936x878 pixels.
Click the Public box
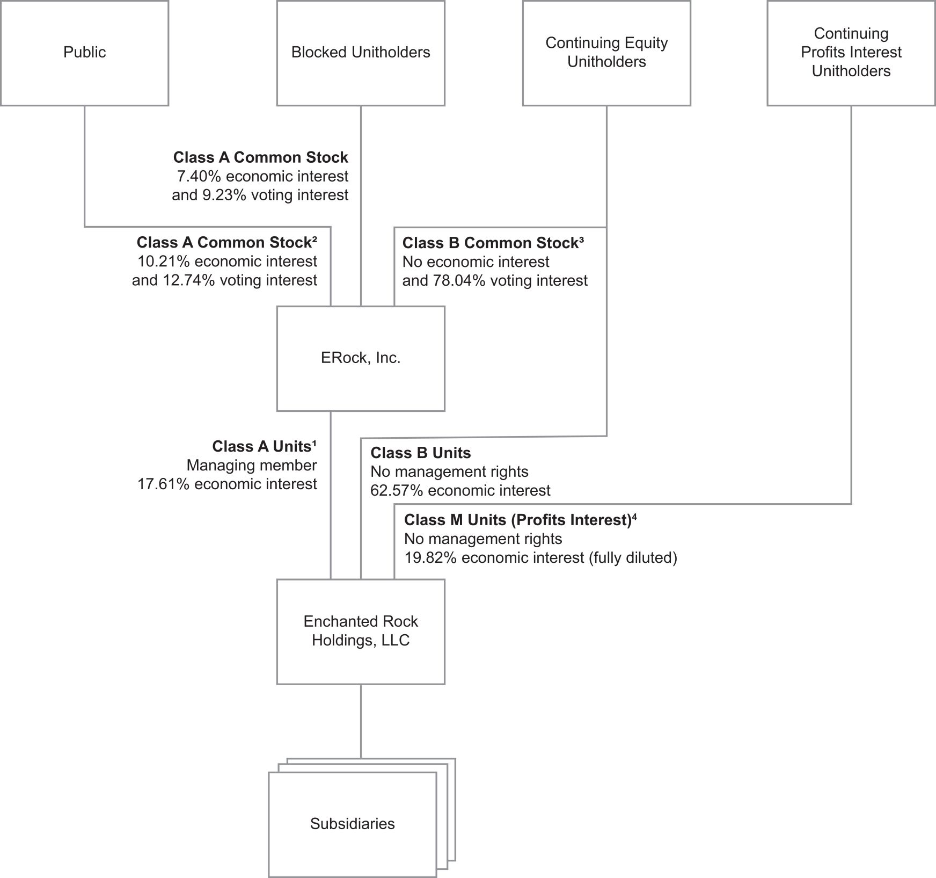pos(84,53)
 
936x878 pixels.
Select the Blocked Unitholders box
pos(361,53)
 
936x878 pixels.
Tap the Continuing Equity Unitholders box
pos(606,53)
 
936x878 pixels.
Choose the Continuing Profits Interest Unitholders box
pos(851,53)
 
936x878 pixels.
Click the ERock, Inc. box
pos(361,359)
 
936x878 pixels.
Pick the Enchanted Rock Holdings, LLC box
pos(361,632)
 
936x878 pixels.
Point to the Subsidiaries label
pos(352,824)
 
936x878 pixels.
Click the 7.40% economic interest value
pos(263,176)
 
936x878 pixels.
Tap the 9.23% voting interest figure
pos(276,195)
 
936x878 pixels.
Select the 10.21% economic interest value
pos(228,262)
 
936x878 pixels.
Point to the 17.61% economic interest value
pos(228,484)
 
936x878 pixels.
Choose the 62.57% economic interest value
pos(460,490)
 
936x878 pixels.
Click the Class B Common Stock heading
pos(493,243)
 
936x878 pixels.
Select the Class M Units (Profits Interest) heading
pos(520,520)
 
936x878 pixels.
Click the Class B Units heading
pos(421,453)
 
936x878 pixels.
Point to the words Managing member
pos(252,466)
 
